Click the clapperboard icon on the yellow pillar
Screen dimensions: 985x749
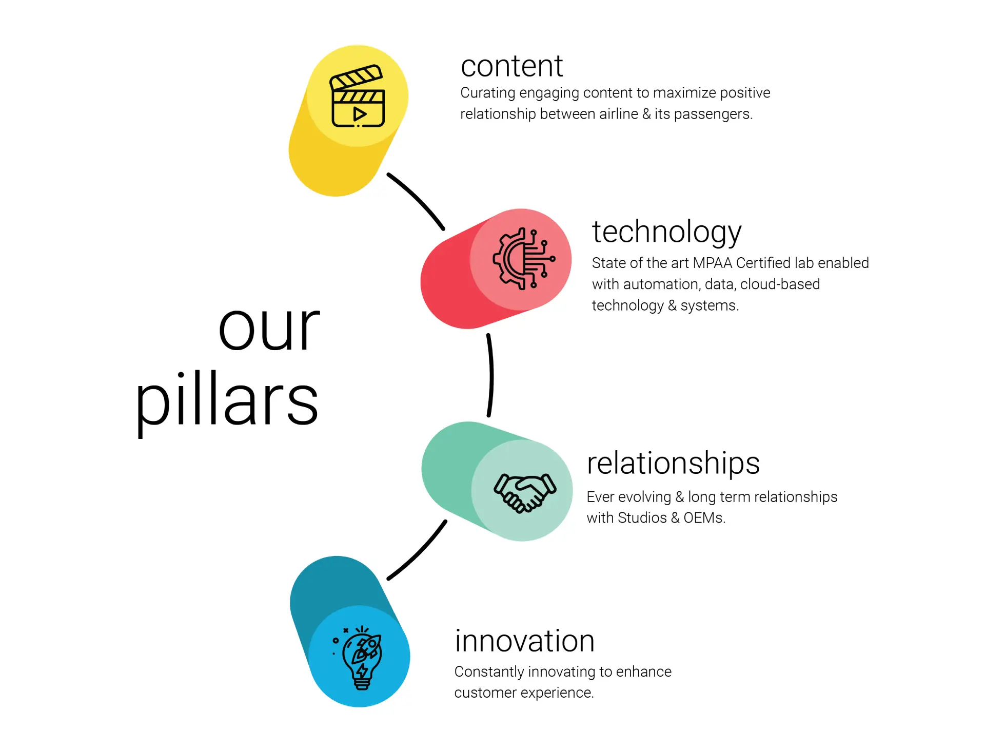click(357, 96)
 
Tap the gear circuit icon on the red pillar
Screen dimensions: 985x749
click(523, 259)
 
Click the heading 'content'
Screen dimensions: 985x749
click(511, 66)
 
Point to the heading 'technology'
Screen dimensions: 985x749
click(666, 233)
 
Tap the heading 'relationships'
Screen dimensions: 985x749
click(673, 464)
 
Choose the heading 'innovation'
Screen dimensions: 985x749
click(525, 641)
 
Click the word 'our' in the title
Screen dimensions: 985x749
click(269, 328)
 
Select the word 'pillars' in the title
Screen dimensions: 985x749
click(227, 402)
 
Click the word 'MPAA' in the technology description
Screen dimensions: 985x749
click(712, 263)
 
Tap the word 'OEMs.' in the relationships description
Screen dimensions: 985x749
click(704, 518)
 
